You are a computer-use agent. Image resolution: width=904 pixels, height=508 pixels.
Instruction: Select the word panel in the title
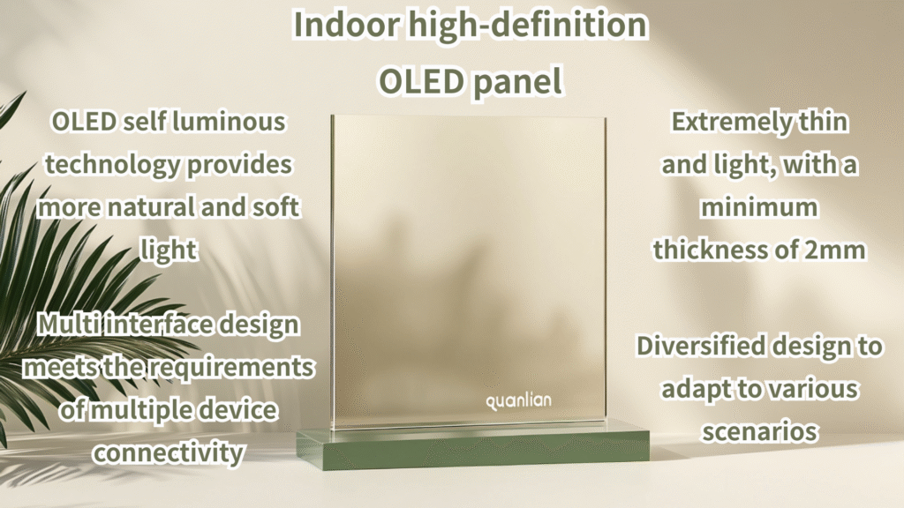pos(517,82)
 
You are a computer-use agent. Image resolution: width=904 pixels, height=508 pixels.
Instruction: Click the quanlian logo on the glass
pos(518,401)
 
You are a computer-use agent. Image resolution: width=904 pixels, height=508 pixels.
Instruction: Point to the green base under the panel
pos(473,449)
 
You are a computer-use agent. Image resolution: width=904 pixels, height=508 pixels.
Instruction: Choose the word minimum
pos(759,207)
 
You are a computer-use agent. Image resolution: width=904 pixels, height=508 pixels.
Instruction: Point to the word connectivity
pos(169,453)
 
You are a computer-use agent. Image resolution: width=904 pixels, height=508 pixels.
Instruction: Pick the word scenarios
pos(759,432)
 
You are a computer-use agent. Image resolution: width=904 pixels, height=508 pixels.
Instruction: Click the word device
pos(237,411)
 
